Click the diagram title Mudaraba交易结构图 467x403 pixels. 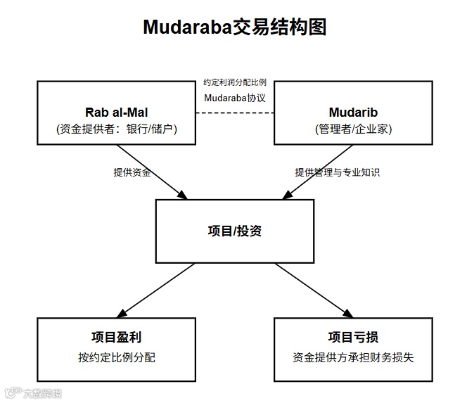pyautogui.click(x=235, y=27)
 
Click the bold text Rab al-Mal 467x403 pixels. pyautogui.click(x=116, y=112)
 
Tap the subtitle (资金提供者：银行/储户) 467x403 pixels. pyautogui.click(x=116, y=129)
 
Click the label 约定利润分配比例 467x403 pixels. pyautogui.click(x=234, y=82)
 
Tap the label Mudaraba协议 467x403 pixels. pyautogui.click(x=234, y=98)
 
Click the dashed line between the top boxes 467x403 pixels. pyautogui.click(x=234, y=114)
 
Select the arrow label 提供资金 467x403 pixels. pyautogui.click(x=132, y=172)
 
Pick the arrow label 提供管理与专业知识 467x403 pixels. pyautogui.click(x=337, y=172)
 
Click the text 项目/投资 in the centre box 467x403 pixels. pyautogui.click(x=235, y=231)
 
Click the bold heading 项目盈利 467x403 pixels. pyautogui.click(x=116, y=337)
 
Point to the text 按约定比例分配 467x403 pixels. pyautogui.click(x=116, y=357)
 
